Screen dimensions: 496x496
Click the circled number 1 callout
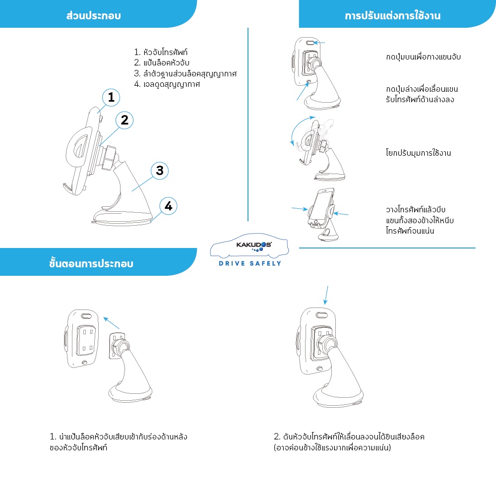111,97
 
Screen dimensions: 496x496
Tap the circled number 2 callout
124,120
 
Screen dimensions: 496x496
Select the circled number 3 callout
160,171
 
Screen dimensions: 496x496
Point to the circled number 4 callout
168,206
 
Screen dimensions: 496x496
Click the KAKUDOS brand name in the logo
253,245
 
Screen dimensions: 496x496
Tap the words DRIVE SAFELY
250,263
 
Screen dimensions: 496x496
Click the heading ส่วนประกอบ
94,15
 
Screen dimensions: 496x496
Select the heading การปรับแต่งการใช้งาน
392,15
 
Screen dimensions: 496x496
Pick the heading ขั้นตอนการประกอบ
91,263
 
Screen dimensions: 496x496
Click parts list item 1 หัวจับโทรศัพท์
161,52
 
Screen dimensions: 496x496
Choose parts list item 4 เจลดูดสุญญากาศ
167,84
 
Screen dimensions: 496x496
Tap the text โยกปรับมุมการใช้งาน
418,153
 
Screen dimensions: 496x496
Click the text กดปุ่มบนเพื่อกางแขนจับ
423,57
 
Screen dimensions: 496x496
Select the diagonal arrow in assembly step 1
111,323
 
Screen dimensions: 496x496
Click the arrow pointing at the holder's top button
319,43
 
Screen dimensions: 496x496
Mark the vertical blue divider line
248,124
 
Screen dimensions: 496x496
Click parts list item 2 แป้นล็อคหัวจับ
162,62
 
